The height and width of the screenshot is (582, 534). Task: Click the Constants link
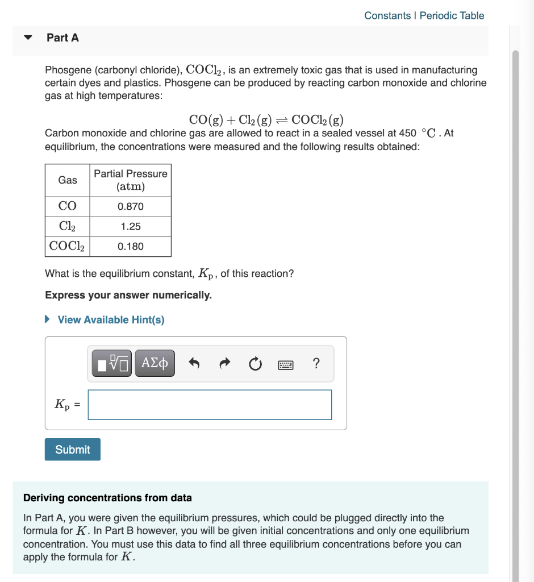coord(387,15)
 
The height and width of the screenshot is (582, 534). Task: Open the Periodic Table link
coord(452,15)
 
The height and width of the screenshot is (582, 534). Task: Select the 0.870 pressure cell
coord(131,207)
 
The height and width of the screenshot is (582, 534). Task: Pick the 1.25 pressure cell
coord(131,227)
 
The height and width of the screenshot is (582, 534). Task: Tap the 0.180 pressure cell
coord(131,247)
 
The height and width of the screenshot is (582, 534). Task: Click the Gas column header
coord(68,180)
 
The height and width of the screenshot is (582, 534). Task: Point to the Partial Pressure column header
coord(131,180)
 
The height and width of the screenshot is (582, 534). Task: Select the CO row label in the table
coord(68,207)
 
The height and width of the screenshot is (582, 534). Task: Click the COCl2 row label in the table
coord(68,247)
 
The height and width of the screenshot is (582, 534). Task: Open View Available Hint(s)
coord(111,320)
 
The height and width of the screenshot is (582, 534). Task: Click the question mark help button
coord(316,363)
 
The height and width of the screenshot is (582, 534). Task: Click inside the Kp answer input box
coord(210,405)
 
